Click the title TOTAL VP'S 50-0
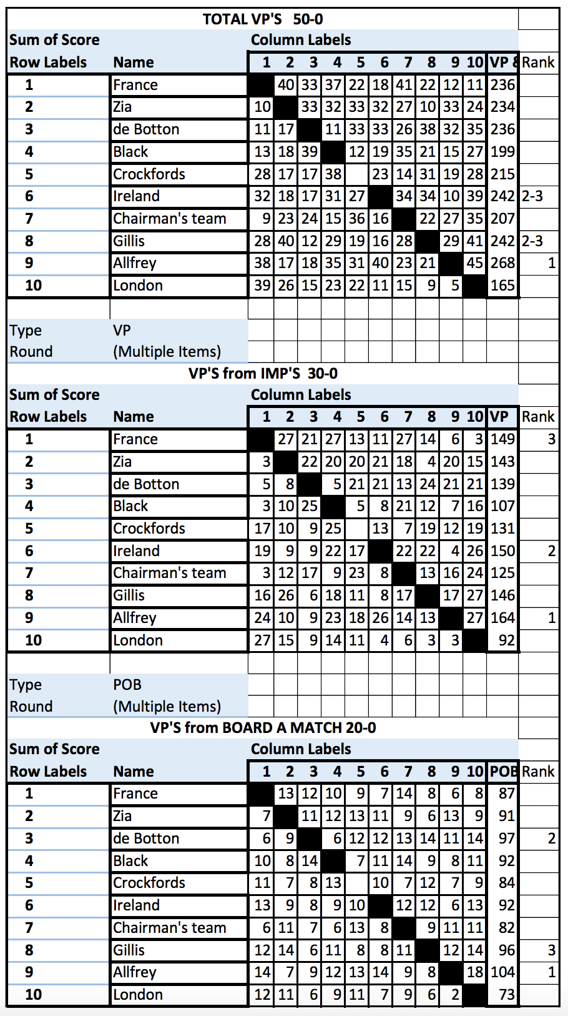[263, 19]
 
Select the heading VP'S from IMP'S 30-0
[263, 373]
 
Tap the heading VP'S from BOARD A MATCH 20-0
[263, 727]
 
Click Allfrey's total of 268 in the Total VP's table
[502, 263]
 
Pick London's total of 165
[502, 286]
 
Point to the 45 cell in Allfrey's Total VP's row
[475, 263]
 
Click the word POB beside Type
[127, 684]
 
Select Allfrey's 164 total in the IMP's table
[502, 617]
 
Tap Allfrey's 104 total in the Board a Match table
[502, 972]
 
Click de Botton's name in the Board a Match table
[146, 839]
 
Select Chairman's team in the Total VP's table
[169, 219]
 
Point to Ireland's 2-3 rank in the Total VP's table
[532, 196]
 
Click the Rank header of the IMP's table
[538, 416]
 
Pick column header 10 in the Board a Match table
[475, 771]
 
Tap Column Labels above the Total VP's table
[301, 40]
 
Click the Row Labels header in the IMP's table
[48, 416]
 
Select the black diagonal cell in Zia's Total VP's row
[286, 107]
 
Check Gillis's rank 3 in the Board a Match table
[551, 950]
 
